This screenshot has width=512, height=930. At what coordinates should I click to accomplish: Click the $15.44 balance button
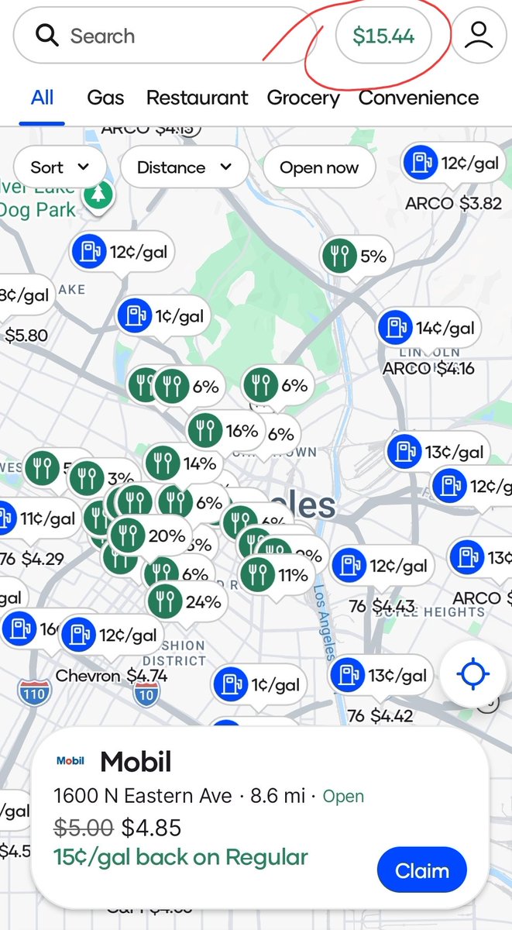tap(383, 36)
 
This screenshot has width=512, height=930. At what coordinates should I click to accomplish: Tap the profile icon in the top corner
tap(479, 36)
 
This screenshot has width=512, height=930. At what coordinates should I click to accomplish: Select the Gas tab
tap(105, 98)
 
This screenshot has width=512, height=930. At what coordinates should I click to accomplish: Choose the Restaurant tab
tap(197, 98)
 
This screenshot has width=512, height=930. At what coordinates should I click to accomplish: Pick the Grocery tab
tap(303, 98)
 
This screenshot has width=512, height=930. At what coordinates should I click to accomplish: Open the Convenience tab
tap(418, 98)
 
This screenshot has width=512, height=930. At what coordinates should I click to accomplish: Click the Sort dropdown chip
tap(60, 167)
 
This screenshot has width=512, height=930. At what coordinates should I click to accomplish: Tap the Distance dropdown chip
tap(184, 167)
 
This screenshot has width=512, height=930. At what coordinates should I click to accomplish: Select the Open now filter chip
tap(319, 167)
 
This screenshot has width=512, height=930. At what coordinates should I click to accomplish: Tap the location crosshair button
tap(472, 674)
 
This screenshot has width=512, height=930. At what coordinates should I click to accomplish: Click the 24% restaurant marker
tap(186, 601)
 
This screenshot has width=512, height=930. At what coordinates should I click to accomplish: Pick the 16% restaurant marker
tap(225, 430)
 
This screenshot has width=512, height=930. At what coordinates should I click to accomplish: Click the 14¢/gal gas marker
tap(429, 328)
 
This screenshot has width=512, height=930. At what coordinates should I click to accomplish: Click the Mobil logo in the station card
tap(70, 761)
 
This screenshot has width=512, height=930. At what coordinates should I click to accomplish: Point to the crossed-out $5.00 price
tap(84, 828)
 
